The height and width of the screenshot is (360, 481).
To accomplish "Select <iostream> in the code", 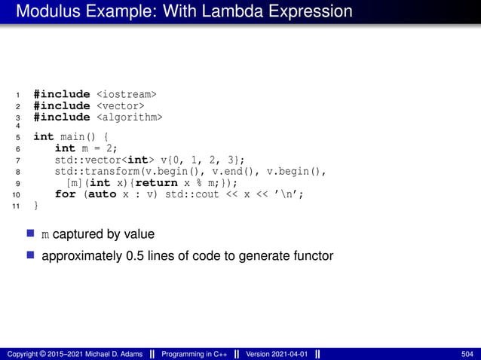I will tap(127, 94).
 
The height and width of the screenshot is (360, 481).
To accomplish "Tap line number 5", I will tap(17, 137).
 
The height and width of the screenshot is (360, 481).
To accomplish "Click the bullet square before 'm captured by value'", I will tap(31, 234).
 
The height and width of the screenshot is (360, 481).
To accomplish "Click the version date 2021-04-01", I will tap(290, 353).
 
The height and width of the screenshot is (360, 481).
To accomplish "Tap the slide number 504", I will tap(467, 353).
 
